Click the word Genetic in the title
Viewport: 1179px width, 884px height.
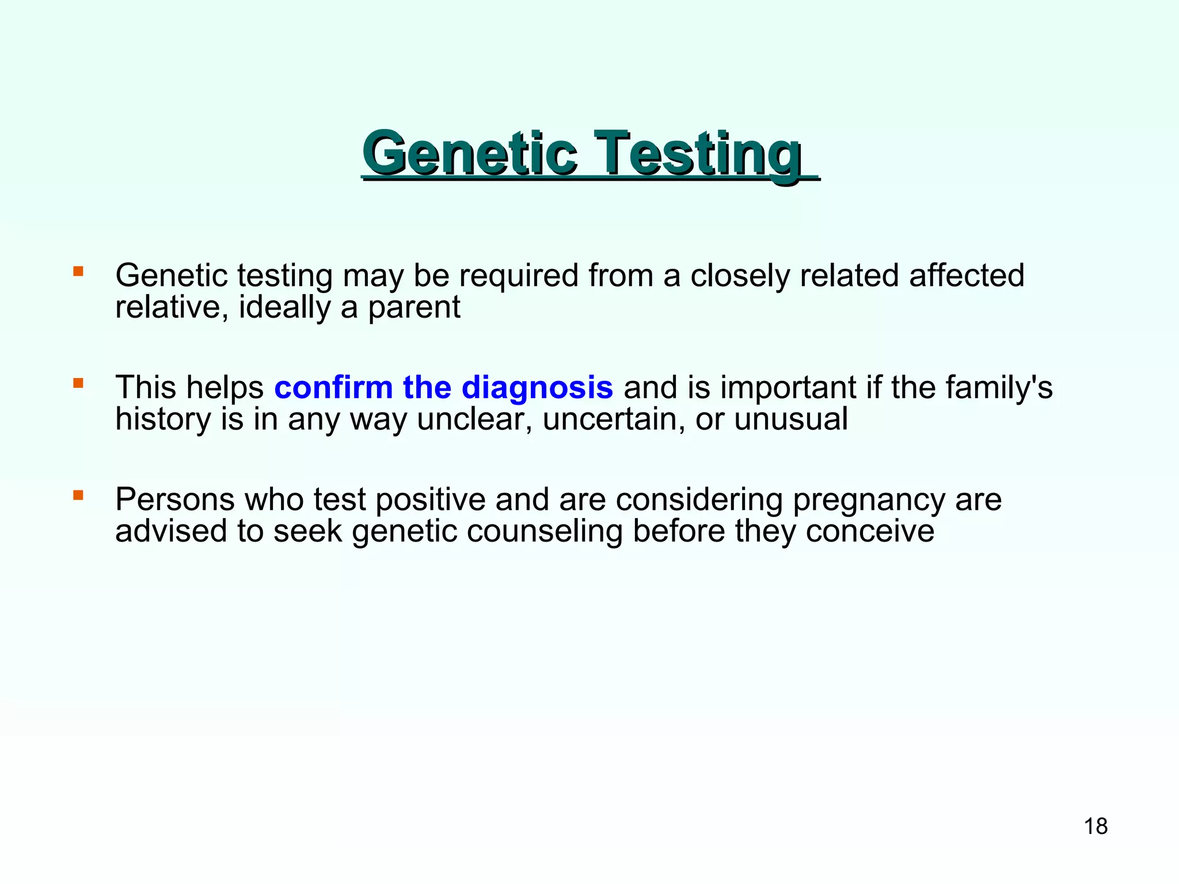tap(469, 154)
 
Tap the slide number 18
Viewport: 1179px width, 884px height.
tap(1096, 826)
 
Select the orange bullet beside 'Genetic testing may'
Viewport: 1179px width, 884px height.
tap(78, 270)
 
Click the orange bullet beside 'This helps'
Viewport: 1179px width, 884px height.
tap(78, 382)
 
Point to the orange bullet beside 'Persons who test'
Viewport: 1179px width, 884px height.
tap(78, 494)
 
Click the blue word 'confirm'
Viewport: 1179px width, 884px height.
tap(333, 387)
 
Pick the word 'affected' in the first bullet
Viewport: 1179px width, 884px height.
tap(967, 275)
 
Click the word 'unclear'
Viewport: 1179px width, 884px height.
tap(474, 419)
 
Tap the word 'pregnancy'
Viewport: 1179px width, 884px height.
tap(869, 500)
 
